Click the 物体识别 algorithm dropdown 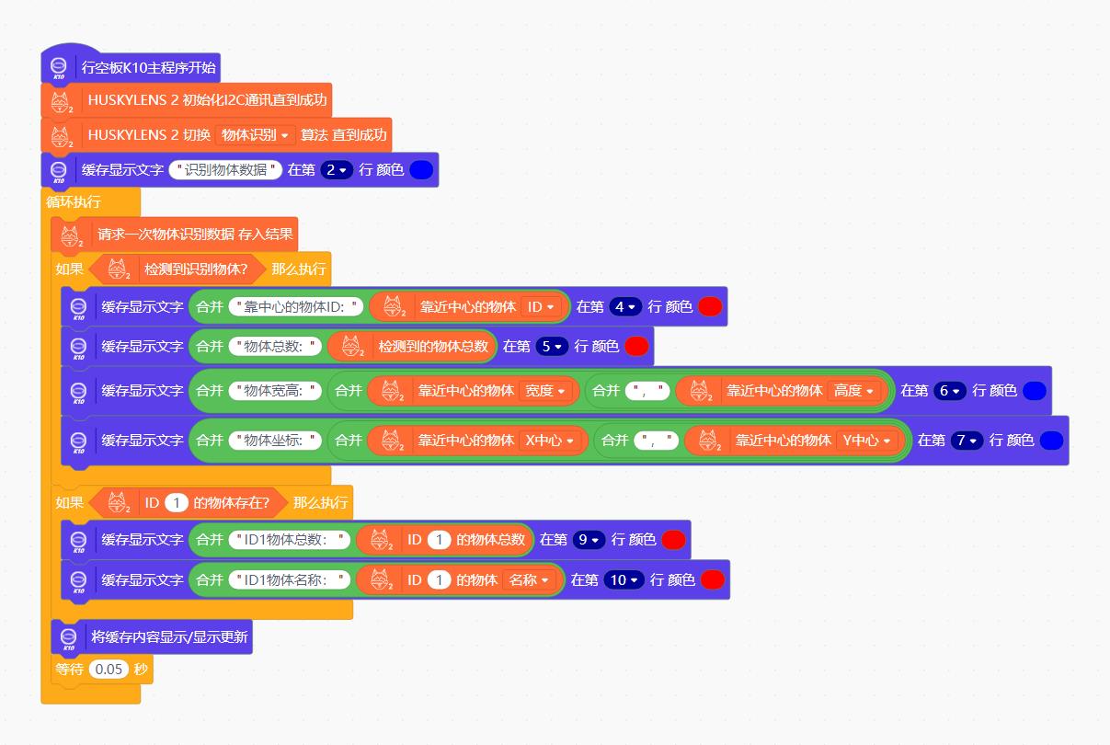[255, 135]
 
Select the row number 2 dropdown [337, 170]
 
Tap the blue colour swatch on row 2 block [421, 170]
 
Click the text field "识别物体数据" [225, 170]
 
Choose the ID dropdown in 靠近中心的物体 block [541, 307]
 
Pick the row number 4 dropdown [625, 307]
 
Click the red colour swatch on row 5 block [636, 347]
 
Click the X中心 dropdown [550, 441]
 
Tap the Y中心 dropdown [867, 441]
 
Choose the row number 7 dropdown [967, 441]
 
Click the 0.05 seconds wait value [109, 670]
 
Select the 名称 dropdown [530, 580]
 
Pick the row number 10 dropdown [624, 580]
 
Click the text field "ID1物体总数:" [290, 540]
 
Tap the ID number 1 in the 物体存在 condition [177, 503]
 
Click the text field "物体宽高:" [275, 391]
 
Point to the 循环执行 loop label [74, 201]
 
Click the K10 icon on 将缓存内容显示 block [67, 636]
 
